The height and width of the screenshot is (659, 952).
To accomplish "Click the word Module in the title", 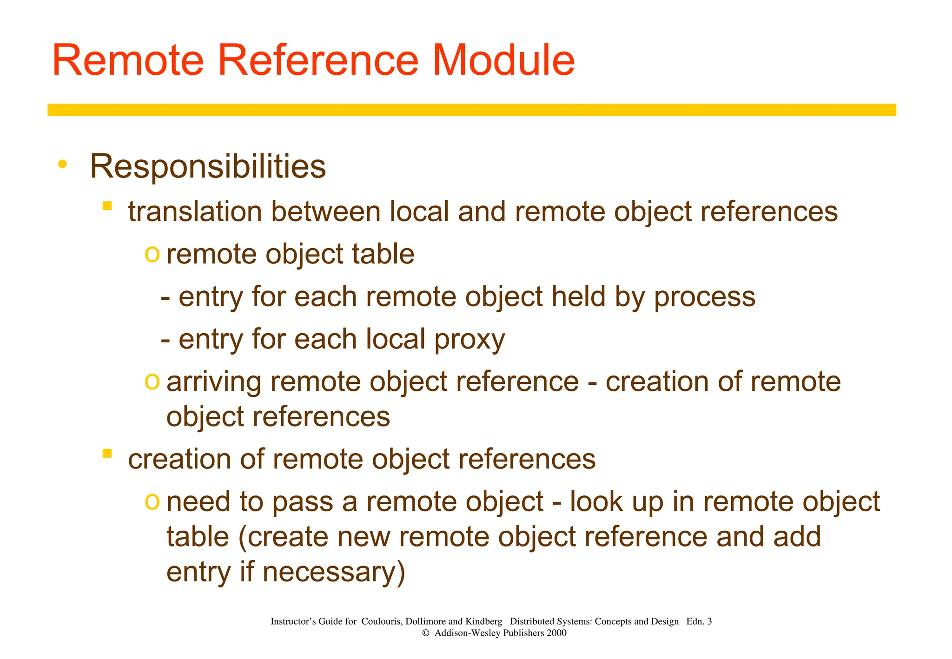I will (x=504, y=60).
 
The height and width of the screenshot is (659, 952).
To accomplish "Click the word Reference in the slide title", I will (x=318, y=60).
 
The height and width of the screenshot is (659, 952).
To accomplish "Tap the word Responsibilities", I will (x=208, y=166).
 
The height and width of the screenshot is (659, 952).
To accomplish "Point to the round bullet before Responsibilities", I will (x=62, y=164).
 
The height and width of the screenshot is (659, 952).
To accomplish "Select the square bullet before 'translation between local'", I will (x=107, y=206).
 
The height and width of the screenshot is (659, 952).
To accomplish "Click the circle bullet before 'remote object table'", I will (x=152, y=254).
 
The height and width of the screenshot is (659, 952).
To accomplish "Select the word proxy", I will (x=469, y=340).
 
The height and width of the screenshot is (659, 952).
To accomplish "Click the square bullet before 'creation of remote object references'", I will (x=107, y=454).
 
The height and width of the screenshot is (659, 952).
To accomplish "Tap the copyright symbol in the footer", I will (x=425, y=633).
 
